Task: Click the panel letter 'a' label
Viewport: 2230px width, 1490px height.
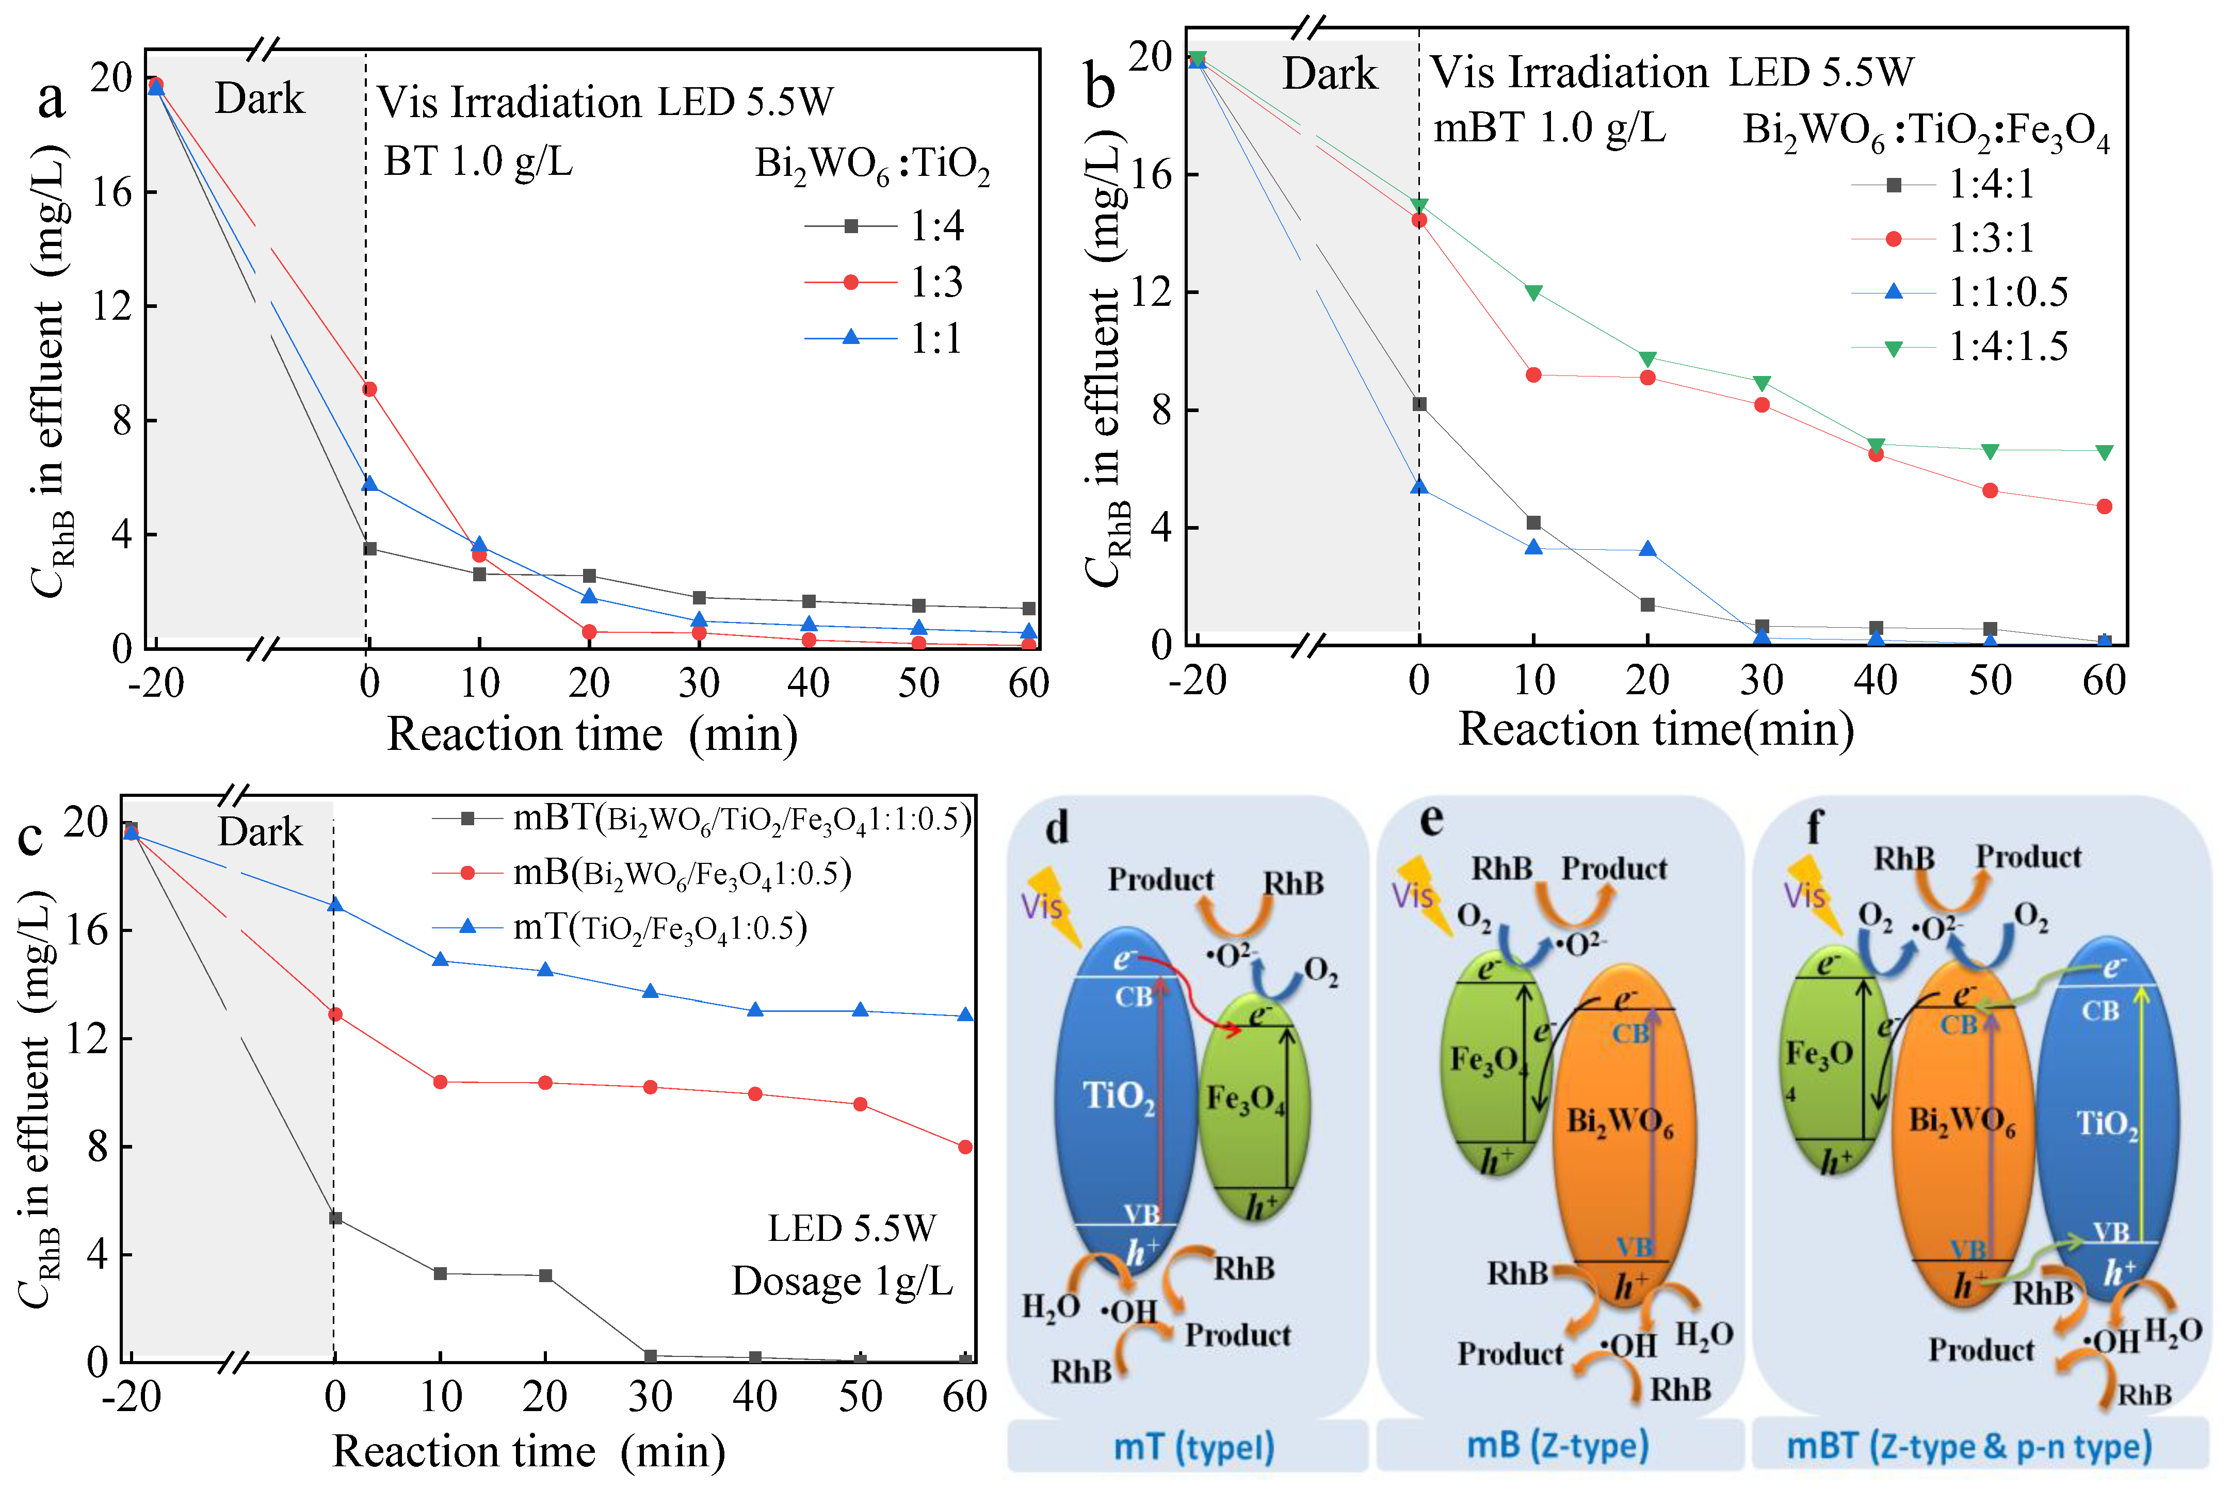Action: click(51, 99)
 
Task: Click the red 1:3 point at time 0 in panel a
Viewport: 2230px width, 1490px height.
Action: click(370, 389)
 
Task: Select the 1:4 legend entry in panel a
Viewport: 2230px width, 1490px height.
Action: click(884, 226)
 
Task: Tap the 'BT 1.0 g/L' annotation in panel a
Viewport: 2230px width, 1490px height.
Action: click(478, 161)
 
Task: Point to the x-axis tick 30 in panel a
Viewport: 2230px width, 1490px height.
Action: click(699, 682)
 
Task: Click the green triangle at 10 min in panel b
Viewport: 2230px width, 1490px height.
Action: click(1533, 292)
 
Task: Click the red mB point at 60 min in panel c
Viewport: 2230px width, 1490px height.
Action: click(965, 1147)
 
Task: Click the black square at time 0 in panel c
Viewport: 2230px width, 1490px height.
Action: click(334, 1218)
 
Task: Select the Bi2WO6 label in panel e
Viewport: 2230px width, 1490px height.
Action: click(1620, 1122)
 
